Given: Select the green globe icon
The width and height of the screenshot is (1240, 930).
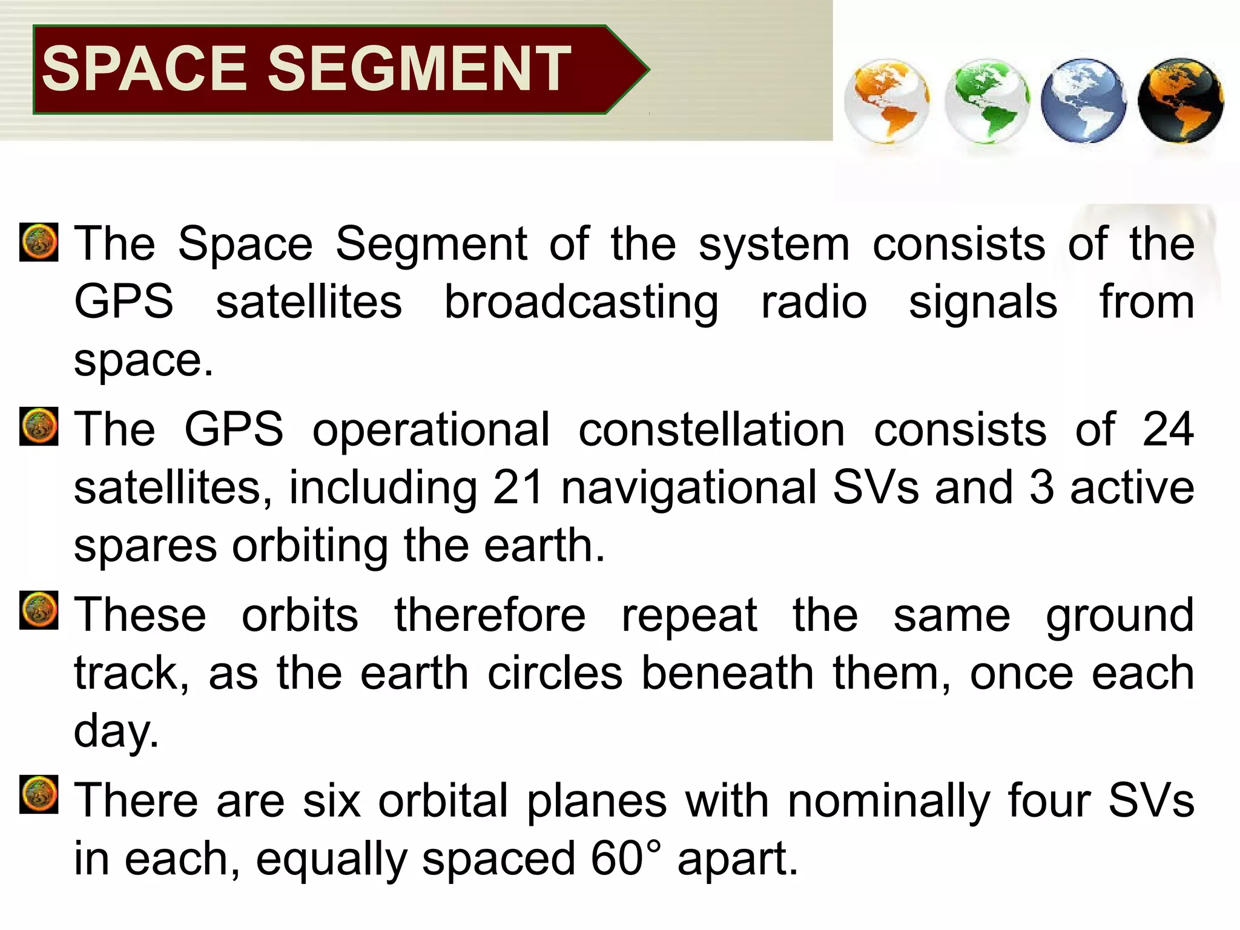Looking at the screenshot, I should point(986,101).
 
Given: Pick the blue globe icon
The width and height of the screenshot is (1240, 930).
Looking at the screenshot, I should point(1083,101).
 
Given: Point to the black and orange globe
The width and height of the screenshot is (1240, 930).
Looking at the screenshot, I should point(1180,101).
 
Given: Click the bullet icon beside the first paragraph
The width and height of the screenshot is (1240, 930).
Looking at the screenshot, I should point(39,242).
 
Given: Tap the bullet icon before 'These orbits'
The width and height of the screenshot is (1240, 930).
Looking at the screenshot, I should point(39,610).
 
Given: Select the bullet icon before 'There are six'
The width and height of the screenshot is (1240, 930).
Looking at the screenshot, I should point(39,794).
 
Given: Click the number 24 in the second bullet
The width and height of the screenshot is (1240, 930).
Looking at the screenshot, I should point(1168,429).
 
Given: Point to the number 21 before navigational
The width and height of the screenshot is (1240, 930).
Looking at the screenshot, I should point(518,487).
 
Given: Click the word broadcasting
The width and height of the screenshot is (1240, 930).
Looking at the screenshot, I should point(581,303).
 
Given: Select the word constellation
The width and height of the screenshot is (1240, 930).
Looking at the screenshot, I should point(711,429).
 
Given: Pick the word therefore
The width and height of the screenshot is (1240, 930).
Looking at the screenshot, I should point(490,615).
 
